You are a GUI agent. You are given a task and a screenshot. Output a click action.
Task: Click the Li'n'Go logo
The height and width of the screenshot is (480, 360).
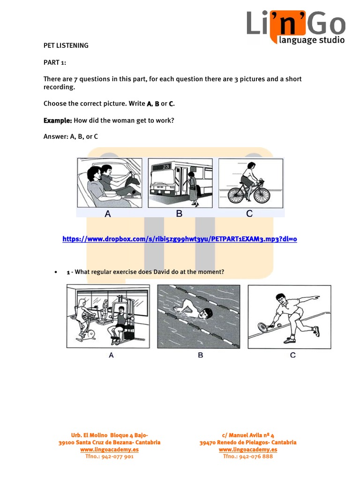coord(296,26)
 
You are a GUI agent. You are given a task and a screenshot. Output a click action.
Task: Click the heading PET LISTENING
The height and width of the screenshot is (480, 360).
coord(66,46)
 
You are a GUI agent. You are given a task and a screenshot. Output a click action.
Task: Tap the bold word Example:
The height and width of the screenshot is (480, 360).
coord(58,120)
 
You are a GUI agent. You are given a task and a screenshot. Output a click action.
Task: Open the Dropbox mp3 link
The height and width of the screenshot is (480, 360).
coord(180,239)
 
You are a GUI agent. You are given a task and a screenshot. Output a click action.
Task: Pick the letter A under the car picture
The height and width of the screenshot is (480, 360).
coord(108,214)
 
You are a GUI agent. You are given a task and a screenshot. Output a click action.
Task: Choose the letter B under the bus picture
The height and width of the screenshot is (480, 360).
coord(179,214)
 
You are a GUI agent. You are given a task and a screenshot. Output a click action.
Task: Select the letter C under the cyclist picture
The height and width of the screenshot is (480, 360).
coord(249,214)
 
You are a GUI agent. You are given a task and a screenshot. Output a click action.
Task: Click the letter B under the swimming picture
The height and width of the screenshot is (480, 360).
coord(201,355)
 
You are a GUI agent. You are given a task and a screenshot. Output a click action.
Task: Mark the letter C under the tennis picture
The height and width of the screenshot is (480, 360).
coord(293,355)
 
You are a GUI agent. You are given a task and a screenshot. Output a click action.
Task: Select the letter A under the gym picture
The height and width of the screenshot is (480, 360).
coord(111,355)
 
